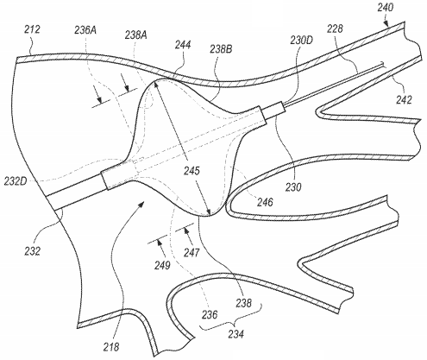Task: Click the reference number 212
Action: (x=32, y=30)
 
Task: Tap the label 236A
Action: (x=85, y=30)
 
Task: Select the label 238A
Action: (x=136, y=35)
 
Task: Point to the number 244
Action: (x=183, y=45)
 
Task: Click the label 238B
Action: (x=221, y=49)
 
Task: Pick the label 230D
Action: (x=301, y=41)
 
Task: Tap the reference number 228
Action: (x=336, y=29)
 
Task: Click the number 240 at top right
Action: (x=386, y=8)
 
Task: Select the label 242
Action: (x=404, y=100)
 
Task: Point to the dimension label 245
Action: (x=192, y=171)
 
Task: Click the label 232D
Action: (x=16, y=181)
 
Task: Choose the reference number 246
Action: (x=265, y=202)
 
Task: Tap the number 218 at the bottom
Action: (x=111, y=347)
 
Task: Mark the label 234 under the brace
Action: (x=236, y=334)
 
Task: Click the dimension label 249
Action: (x=162, y=265)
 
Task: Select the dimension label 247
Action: (x=192, y=253)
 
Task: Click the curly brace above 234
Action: (x=232, y=320)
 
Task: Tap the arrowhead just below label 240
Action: (x=386, y=23)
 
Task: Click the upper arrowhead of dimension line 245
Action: (x=156, y=85)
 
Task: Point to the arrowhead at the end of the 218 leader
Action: (x=141, y=204)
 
